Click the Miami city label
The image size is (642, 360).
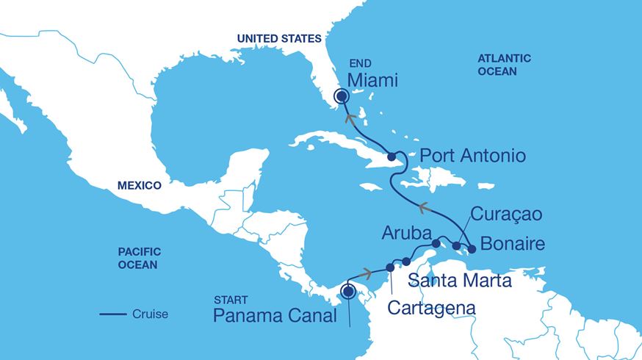372,80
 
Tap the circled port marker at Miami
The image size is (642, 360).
341,96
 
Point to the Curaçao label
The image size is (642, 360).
507,215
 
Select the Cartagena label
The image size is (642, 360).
430,307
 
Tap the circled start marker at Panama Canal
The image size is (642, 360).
349,292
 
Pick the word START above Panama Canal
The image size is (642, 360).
230,300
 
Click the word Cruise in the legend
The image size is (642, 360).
150,314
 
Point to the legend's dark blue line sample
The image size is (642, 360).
112,314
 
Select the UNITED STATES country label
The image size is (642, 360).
278,38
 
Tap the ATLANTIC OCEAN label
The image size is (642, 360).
504,65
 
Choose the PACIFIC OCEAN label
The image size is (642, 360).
139,257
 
